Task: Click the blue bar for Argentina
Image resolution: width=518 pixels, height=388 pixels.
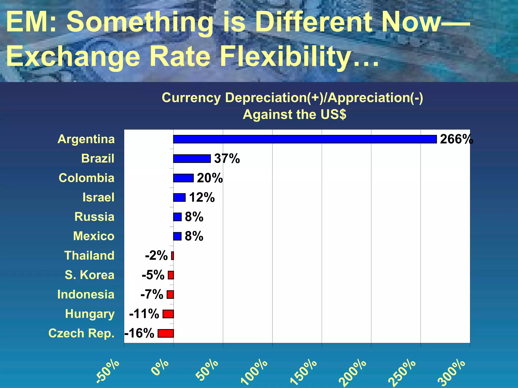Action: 305,139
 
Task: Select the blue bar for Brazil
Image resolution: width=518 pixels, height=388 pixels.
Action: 192,159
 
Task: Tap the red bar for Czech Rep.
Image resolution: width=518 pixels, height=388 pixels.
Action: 166,333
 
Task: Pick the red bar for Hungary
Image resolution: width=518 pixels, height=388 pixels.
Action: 168,314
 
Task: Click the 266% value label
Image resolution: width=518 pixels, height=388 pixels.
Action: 456,139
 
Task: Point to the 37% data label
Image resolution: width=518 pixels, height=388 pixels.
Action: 227,159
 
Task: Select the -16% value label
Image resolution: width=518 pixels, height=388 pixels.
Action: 139,333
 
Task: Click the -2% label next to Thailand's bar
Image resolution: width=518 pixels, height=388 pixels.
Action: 156,255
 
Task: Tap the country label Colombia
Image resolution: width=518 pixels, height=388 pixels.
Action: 87,178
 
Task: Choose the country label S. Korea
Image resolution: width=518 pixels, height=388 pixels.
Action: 90,275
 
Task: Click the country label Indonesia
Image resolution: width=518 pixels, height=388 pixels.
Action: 86,295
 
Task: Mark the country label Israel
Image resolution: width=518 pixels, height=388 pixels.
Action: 98,197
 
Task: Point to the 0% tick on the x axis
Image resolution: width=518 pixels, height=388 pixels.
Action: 160,368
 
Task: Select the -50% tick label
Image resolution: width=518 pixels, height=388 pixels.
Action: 108,371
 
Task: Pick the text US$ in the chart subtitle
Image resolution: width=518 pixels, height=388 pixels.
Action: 333,114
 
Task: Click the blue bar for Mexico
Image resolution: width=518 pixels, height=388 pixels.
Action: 177,236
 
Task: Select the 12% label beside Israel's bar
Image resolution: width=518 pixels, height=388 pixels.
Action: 202,197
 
